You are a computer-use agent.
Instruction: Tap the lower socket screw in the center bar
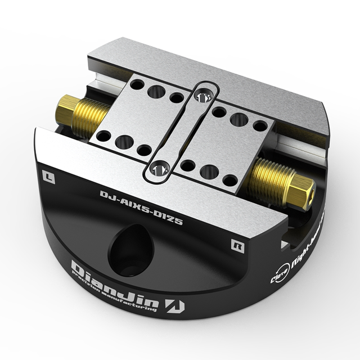click(160, 168)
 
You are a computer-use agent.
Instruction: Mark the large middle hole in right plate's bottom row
click(209, 172)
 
